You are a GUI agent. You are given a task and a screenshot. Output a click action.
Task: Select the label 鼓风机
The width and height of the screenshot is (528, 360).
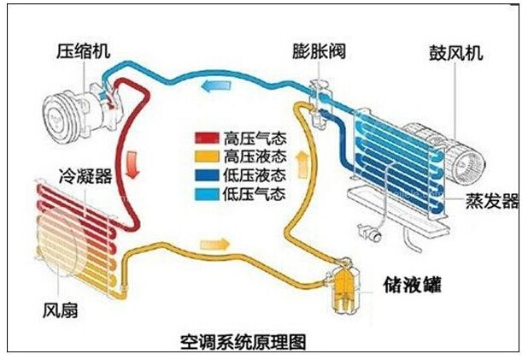(x=455, y=53)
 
